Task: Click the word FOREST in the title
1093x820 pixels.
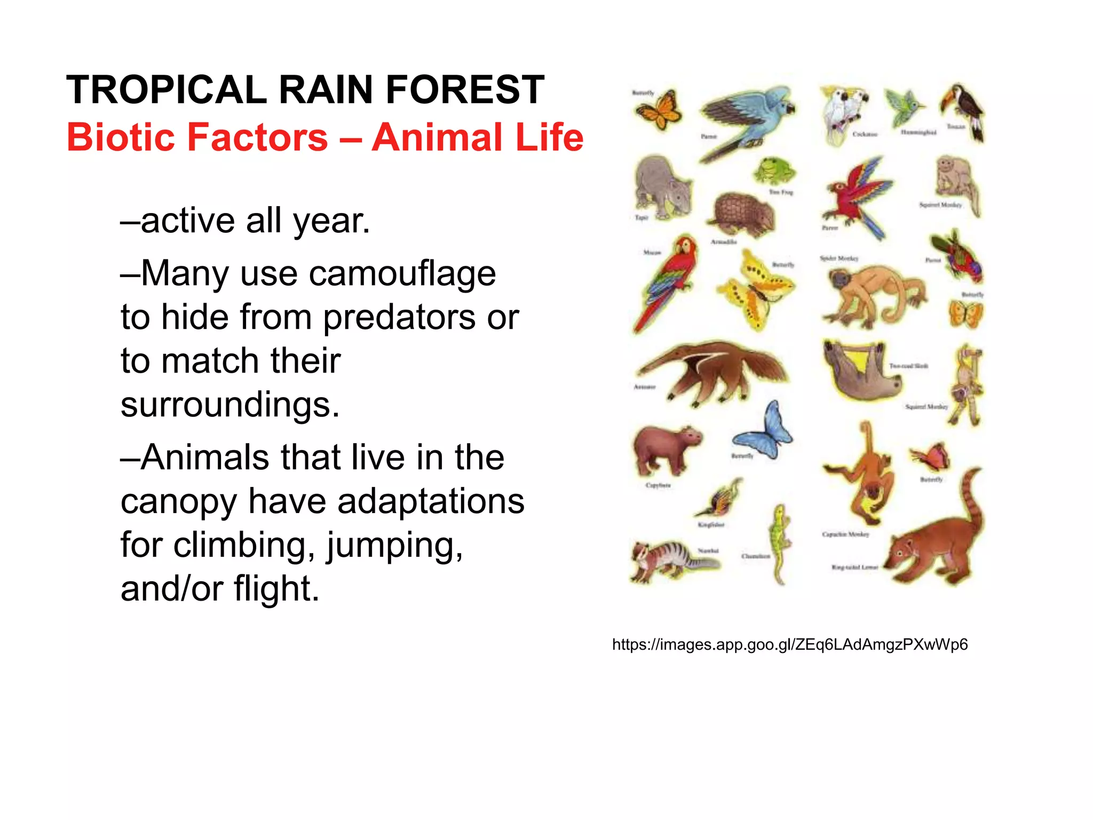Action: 464,90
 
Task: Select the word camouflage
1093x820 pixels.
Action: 402,274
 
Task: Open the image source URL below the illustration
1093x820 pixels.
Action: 789,645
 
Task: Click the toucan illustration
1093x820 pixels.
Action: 964,109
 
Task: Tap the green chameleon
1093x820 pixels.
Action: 780,542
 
